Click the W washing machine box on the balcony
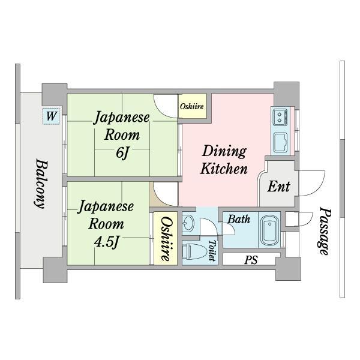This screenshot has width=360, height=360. (51, 116)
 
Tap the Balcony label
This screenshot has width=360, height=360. (41, 184)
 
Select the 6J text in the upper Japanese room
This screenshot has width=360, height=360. (122, 152)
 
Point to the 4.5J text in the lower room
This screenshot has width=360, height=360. (107, 242)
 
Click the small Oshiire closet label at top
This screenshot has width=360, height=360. (192, 107)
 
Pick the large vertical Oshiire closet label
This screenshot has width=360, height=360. (166, 239)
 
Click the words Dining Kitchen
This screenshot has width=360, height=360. (224, 160)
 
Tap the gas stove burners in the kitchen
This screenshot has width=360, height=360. (280, 117)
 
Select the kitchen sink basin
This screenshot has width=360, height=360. (280, 143)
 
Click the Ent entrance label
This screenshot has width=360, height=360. (279, 186)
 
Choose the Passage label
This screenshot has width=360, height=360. (325, 231)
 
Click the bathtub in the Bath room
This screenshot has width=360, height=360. (269, 230)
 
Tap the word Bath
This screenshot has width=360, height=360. (239, 220)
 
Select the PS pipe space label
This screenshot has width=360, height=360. (251, 260)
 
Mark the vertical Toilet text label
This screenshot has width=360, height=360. (212, 251)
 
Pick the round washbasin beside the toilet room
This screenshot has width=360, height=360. (188, 223)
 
